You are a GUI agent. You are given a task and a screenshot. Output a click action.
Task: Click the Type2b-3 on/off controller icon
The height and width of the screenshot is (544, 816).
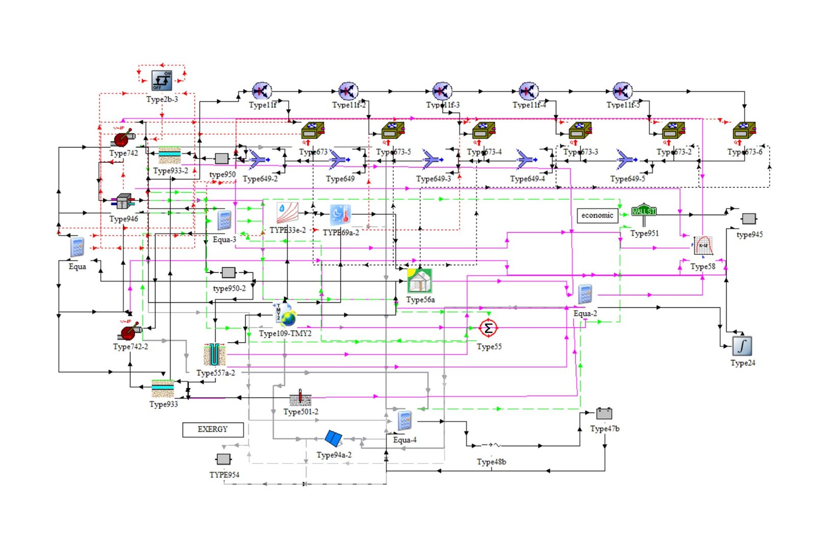click(162, 81)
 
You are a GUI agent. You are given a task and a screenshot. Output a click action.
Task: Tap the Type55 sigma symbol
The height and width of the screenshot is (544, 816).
click(488, 328)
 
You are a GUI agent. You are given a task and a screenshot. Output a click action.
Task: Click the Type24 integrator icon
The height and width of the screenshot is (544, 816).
click(742, 346)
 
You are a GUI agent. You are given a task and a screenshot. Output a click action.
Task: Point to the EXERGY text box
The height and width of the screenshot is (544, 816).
click(213, 429)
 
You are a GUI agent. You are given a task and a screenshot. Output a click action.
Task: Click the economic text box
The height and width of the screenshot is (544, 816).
click(597, 215)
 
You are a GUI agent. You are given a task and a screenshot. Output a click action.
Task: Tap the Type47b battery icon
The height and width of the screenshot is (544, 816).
click(604, 413)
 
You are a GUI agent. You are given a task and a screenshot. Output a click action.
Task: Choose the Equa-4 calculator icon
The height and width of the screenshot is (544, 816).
click(404, 421)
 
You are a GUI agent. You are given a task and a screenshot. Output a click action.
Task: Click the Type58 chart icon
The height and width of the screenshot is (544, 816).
click(703, 246)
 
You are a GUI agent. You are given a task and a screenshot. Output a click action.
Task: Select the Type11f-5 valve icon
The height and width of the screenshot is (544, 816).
click(623, 91)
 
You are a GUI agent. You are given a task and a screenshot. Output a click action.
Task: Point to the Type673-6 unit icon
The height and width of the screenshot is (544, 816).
click(744, 131)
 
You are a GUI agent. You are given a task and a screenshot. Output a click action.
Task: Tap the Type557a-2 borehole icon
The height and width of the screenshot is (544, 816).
click(214, 355)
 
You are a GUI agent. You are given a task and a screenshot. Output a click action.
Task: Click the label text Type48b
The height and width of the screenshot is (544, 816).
click(491, 462)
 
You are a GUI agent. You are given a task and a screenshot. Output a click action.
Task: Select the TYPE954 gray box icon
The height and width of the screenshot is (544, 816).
click(223, 459)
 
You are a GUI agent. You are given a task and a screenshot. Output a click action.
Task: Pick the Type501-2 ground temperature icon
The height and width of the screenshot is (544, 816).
click(300, 398)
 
